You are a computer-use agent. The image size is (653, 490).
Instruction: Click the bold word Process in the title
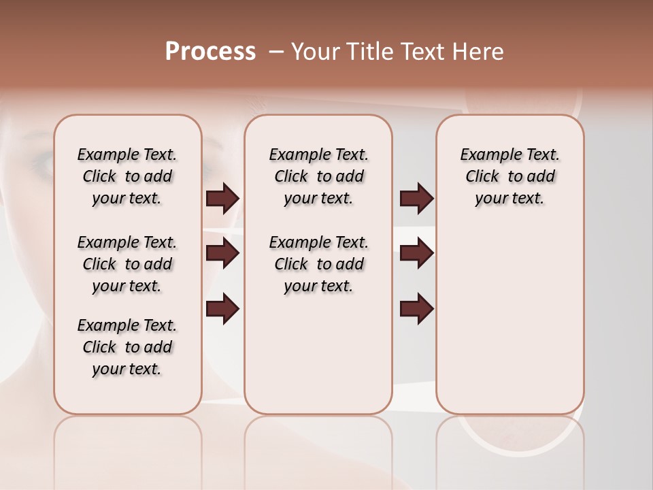210,51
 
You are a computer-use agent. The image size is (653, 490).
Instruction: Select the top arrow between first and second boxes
222,198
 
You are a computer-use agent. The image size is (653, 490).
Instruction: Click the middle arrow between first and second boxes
222,253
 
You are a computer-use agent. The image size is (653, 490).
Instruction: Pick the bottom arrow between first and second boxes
222,308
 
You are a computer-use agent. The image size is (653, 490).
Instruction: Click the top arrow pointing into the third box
416,198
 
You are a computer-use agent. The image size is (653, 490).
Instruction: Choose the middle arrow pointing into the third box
416,253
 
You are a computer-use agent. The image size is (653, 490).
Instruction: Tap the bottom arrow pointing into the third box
416,308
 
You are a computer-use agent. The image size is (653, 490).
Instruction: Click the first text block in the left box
127,176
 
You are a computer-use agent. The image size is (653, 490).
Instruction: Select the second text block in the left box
127,264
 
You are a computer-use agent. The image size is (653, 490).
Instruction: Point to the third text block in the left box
127,347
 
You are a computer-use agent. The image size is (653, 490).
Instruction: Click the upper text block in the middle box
318,176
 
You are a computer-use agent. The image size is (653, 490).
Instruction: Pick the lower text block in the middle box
318,264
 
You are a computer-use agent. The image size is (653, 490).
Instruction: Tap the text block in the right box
509,176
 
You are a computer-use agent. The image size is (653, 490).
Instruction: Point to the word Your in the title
315,51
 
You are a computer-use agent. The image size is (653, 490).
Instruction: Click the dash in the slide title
275,51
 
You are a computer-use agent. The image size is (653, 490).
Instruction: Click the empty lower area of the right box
509,320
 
